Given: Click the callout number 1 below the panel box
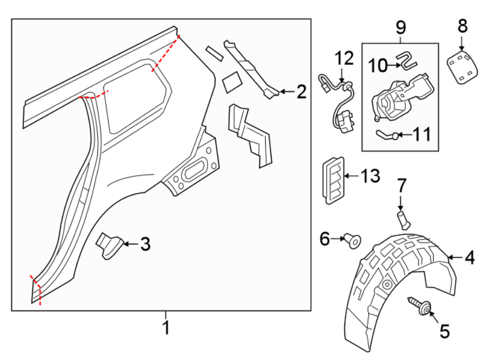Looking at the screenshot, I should pyautogui.click(x=166, y=328).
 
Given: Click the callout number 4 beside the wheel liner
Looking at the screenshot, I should pyautogui.click(x=469, y=257).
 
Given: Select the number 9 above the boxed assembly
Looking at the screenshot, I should pyautogui.click(x=400, y=26).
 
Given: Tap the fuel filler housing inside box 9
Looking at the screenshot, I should pyautogui.click(x=399, y=98).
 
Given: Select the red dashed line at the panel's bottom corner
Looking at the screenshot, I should pyautogui.click(x=37, y=291).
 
